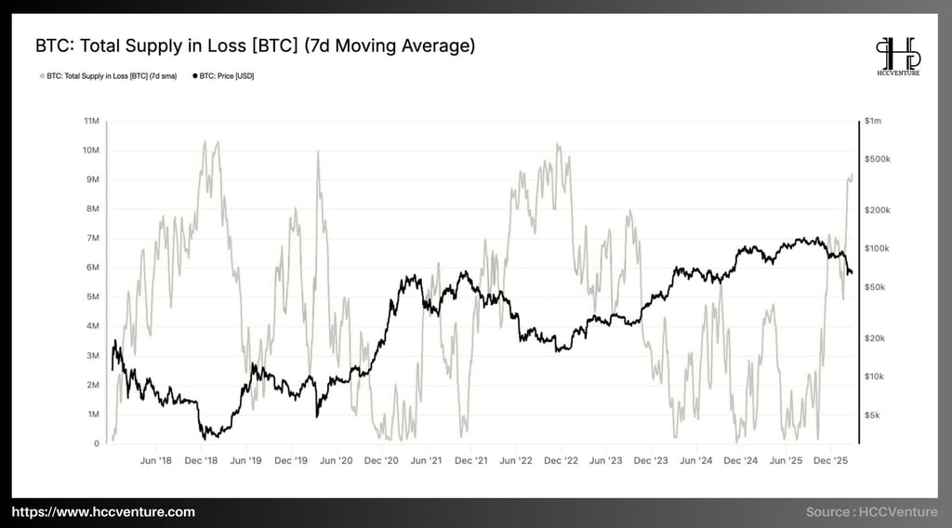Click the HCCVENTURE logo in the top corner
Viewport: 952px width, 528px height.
click(898, 58)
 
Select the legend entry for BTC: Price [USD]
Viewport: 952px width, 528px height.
click(223, 76)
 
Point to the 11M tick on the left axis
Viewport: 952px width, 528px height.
click(91, 121)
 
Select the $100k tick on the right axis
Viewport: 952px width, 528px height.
click(879, 248)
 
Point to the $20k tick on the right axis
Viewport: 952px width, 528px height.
click(877, 338)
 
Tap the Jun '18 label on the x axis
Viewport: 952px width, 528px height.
click(156, 460)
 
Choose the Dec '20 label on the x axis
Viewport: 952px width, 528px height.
click(381, 460)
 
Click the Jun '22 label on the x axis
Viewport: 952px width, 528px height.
click(516, 460)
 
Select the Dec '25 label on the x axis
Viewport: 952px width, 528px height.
click(830, 460)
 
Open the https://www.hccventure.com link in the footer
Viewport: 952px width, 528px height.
click(104, 512)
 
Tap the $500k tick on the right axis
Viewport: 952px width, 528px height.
click(879, 159)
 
